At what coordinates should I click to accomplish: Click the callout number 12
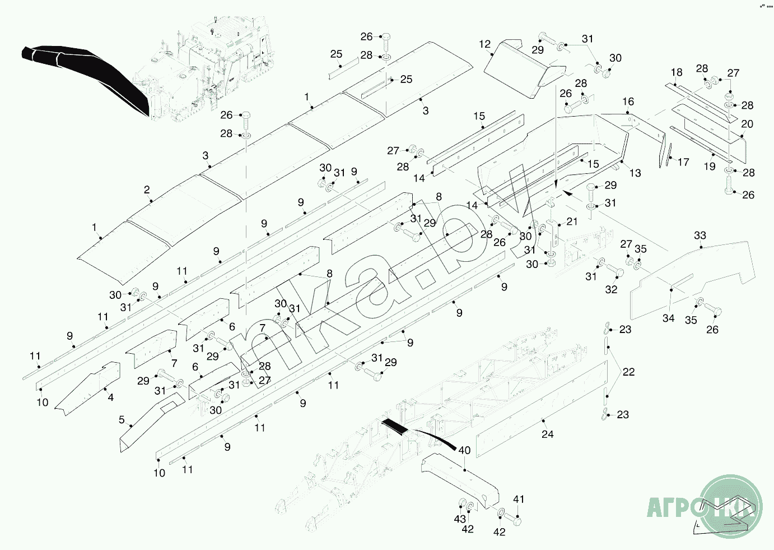[485, 44]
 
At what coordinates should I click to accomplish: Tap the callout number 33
[700, 235]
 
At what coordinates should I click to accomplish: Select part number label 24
[547, 434]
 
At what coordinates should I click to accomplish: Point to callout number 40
[464, 450]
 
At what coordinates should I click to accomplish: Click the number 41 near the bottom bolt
[519, 500]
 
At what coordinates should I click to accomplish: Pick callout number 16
[628, 101]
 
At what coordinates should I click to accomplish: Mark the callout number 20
[747, 124]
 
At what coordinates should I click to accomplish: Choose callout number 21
[572, 221]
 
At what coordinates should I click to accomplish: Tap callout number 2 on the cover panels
[147, 190]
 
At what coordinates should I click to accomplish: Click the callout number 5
[122, 419]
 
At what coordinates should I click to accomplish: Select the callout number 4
[111, 398]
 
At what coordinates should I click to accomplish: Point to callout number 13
[635, 173]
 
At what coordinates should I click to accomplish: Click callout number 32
[611, 289]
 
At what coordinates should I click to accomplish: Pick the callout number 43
[460, 519]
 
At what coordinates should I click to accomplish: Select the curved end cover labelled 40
[459, 477]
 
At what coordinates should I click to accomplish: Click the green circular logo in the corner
[733, 505]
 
